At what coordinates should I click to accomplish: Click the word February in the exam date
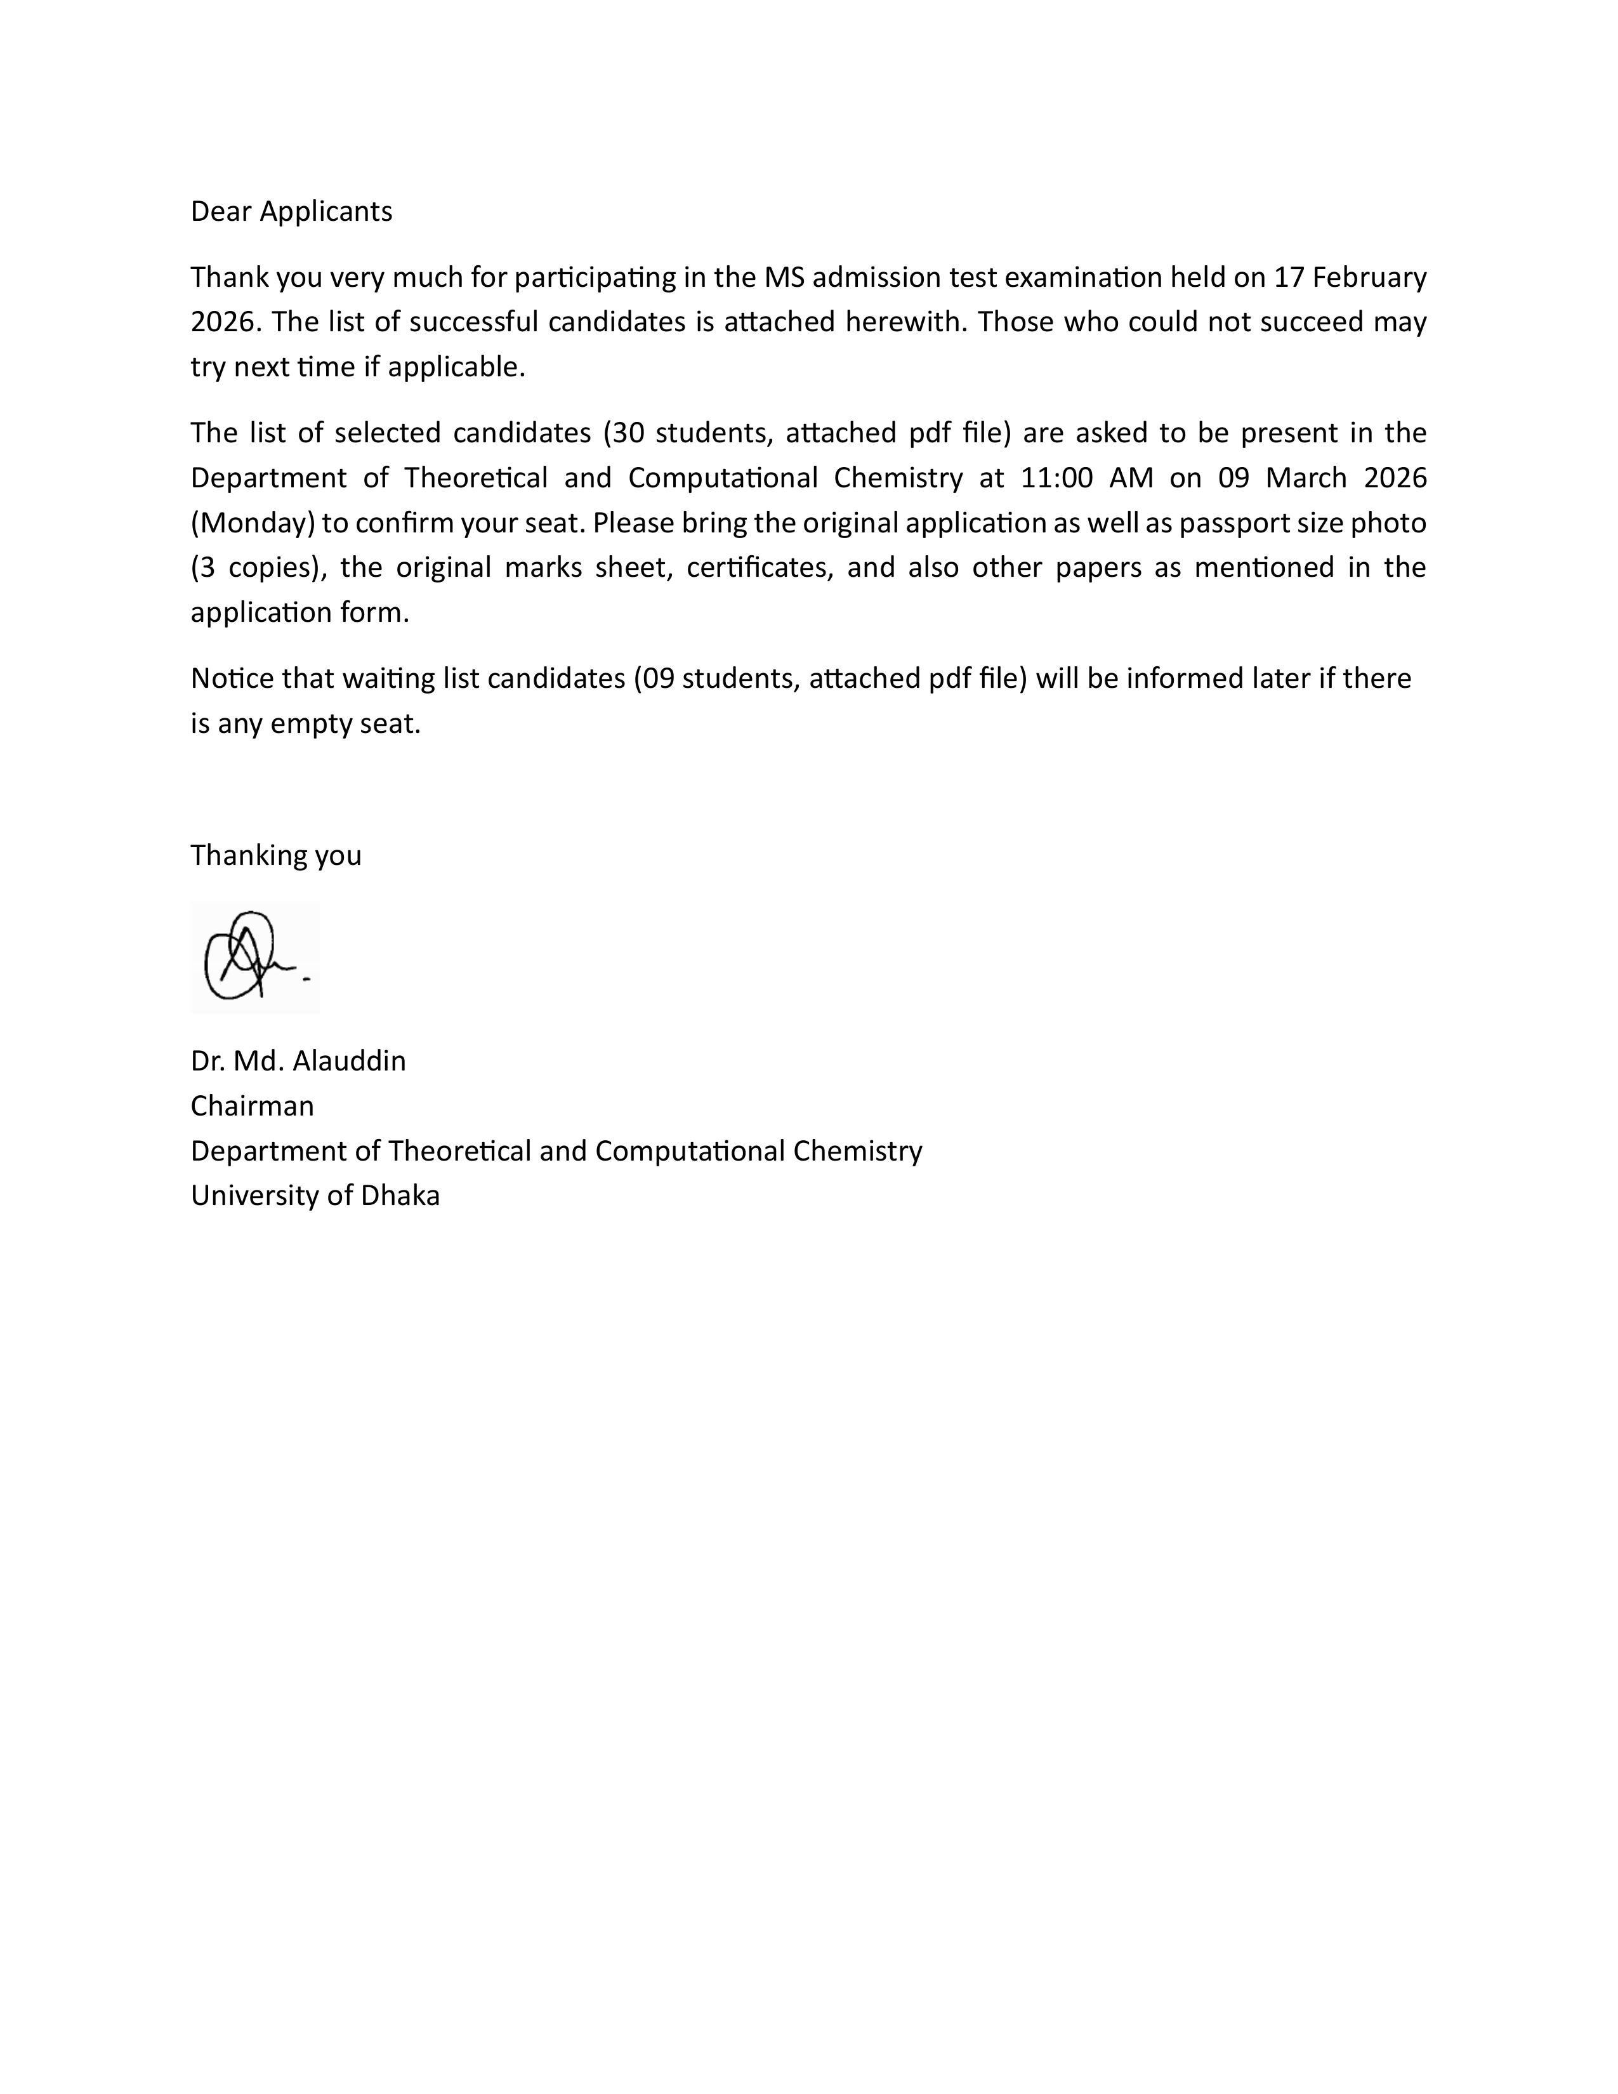coord(1370,277)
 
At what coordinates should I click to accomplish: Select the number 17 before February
coord(1288,277)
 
